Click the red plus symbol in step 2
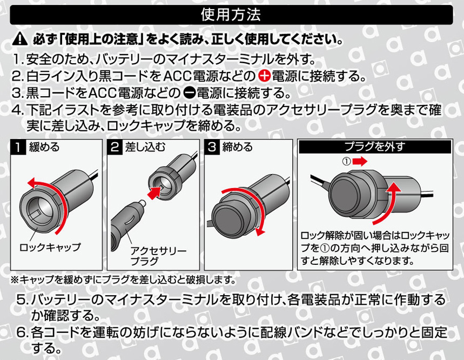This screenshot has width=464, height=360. (265, 76)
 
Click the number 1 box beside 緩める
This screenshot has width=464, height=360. (19, 146)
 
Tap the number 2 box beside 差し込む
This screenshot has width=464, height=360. (115, 146)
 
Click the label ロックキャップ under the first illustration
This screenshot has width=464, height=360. (50, 247)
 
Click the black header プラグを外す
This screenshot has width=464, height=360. (374, 146)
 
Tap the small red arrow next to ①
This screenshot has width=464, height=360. (361, 161)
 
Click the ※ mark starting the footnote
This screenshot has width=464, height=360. (15, 279)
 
